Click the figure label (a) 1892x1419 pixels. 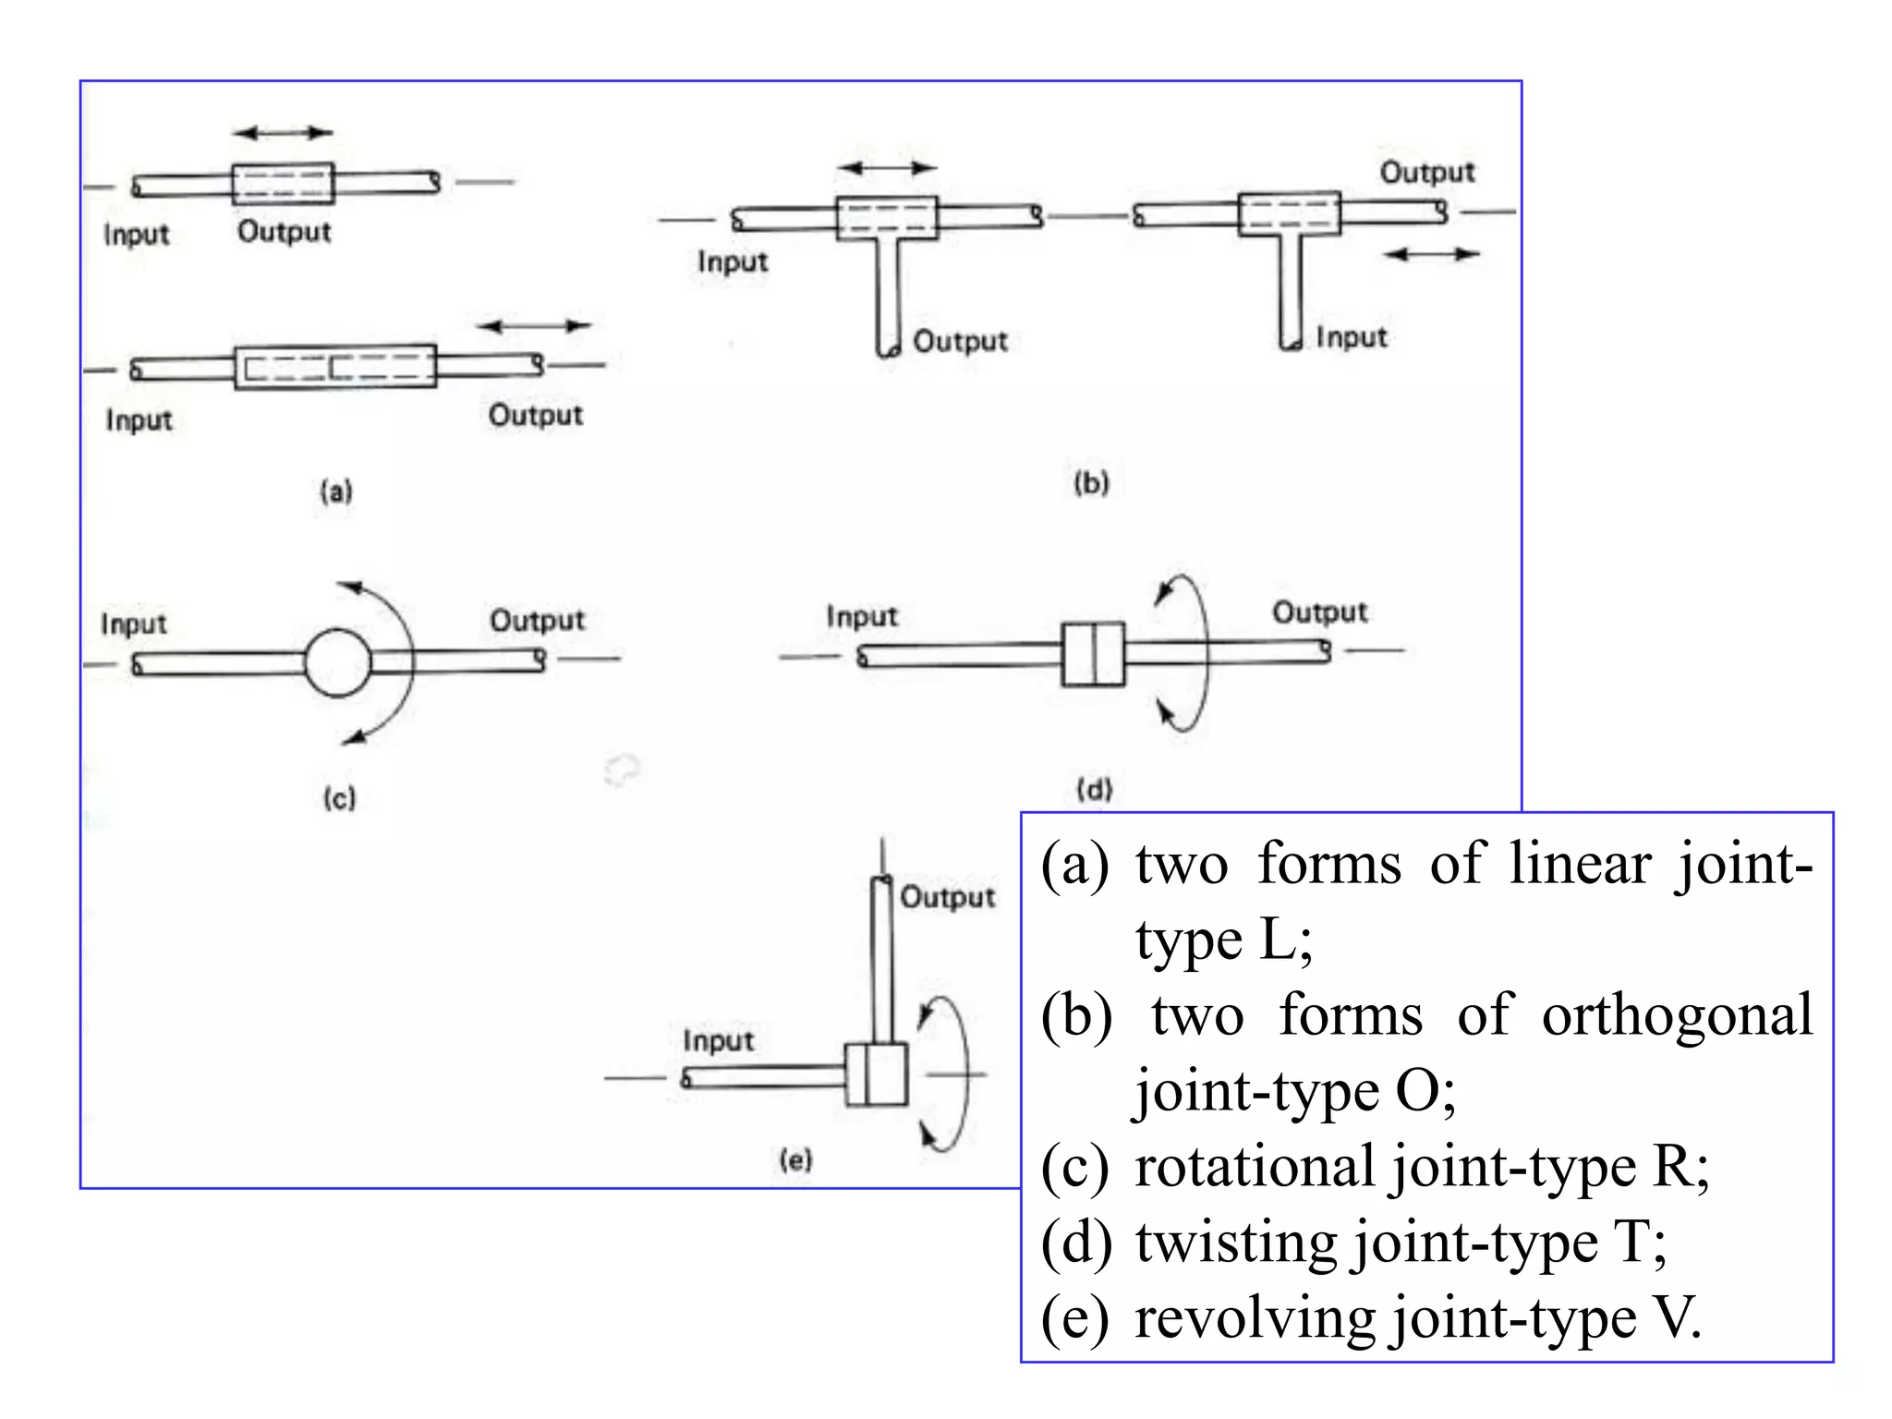tap(336, 491)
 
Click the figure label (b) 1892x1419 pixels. tap(1091, 482)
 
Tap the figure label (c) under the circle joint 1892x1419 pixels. tap(339, 797)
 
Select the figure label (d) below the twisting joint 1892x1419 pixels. tap(1095, 789)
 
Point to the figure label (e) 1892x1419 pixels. tap(795, 1159)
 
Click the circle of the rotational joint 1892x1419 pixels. tap(338, 662)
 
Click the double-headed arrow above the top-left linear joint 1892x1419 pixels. tap(283, 133)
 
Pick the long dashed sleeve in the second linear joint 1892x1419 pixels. tap(335, 367)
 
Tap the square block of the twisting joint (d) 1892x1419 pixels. tap(1093, 654)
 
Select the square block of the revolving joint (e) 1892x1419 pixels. tap(876, 1074)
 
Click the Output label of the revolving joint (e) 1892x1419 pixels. tap(947, 897)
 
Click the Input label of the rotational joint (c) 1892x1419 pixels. tap(134, 624)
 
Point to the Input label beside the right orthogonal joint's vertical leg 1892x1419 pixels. tap(1351, 337)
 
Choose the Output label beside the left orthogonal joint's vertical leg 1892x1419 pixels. tap(960, 341)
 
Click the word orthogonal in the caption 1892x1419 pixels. tap(1677, 1014)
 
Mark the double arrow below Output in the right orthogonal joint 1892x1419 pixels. tap(1432, 253)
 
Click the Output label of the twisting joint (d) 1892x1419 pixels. tap(1319, 612)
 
